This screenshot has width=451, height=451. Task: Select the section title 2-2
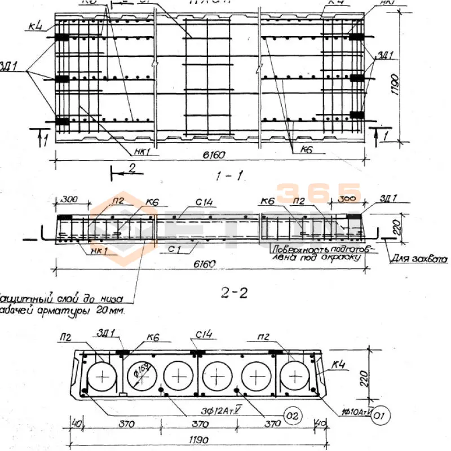(232, 293)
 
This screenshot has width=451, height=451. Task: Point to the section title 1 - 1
(229, 176)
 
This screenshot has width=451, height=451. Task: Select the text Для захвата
(416, 260)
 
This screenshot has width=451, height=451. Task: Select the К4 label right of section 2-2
(339, 366)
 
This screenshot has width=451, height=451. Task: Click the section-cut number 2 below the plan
(132, 167)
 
